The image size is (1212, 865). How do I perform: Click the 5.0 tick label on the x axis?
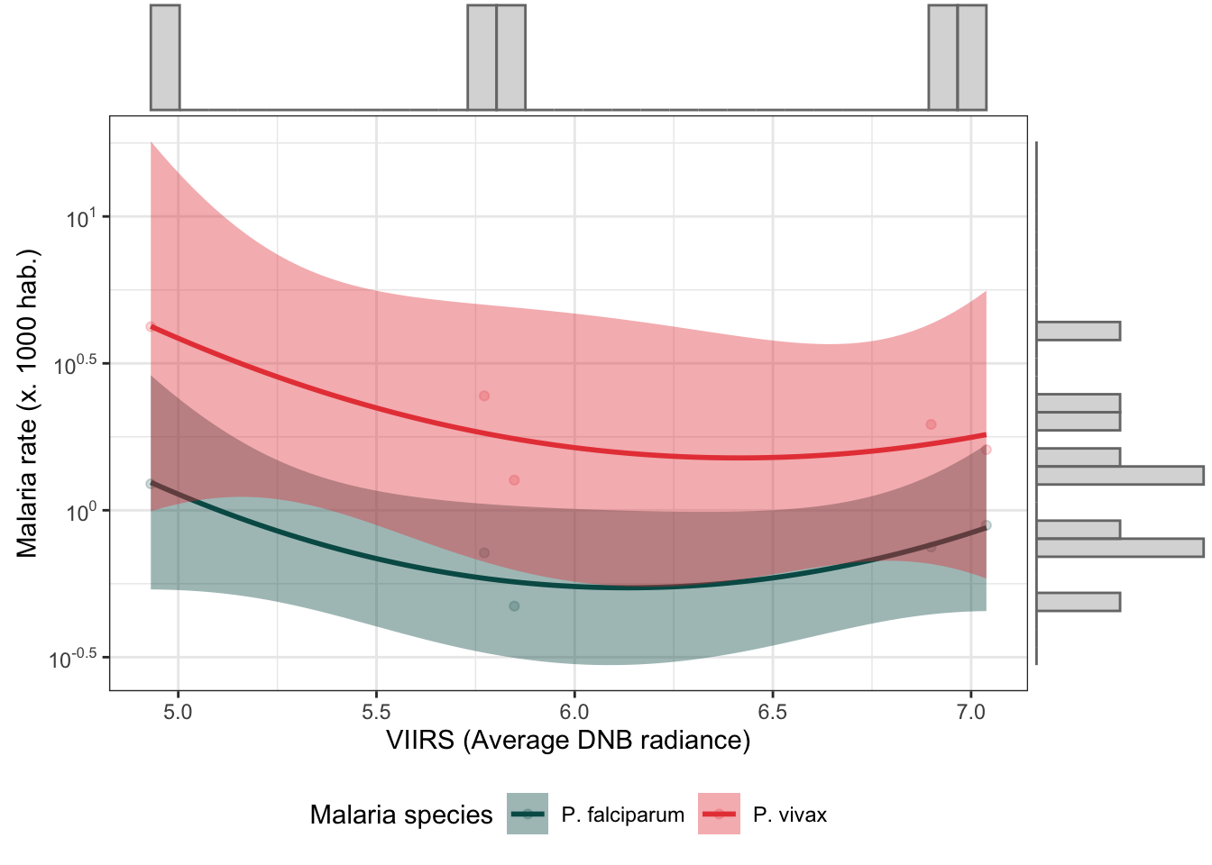pyautogui.click(x=178, y=712)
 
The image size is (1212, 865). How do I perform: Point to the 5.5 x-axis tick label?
pyautogui.click(x=376, y=712)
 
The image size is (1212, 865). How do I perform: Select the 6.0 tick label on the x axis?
pyautogui.click(x=574, y=712)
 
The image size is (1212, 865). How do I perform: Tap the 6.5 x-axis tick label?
pyautogui.click(x=772, y=712)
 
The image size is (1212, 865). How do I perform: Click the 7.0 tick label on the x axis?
pyautogui.click(x=970, y=712)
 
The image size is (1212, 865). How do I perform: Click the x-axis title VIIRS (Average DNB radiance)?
pyautogui.click(x=568, y=741)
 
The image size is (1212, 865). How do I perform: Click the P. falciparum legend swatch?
pyautogui.click(x=528, y=814)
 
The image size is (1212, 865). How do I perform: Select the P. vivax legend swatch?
pyautogui.click(x=719, y=814)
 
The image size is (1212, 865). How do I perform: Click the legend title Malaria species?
pyautogui.click(x=401, y=815)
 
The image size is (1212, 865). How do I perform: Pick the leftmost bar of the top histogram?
pyautogui.click(x=165, y=58)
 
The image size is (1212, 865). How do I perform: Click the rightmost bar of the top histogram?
pyautogui.click(x=971, y=58)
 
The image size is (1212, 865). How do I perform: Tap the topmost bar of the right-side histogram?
pyautogui.click(x=1079, y=331)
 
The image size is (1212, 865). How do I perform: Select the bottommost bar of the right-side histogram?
pyautogui.click(x=1079, y=602)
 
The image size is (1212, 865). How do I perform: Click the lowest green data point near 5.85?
pyautogui.click(x=514, y=606)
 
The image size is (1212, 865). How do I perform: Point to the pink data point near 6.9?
pyautogui.click(x=931, y=424)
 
